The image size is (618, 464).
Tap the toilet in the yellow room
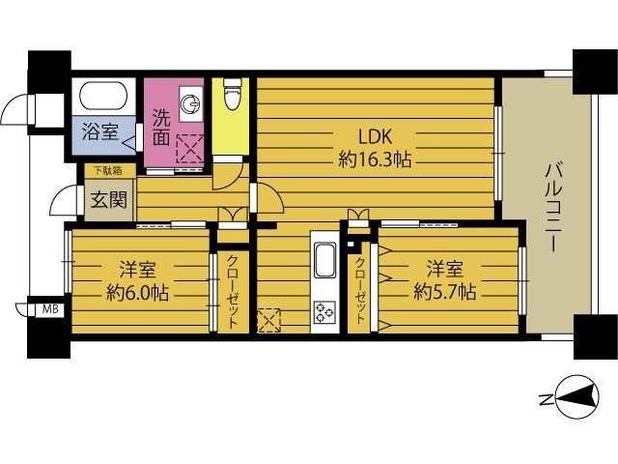(x=232, y=94)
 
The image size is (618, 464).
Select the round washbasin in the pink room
(x=191, y=103)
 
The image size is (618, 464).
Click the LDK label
(x=375, y=136)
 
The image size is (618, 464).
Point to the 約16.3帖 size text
(x=375, y=159)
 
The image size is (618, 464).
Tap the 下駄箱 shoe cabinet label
(x=107, y=171)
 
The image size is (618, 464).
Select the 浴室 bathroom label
(x=100, y=131)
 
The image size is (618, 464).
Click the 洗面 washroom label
(x=161, y=127)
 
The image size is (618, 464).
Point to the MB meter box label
(x=50, y=308)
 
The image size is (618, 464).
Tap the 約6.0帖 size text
(x=137, y=293)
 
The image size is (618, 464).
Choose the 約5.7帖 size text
(x=444, y=292)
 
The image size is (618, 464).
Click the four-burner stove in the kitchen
(x=324, y=311)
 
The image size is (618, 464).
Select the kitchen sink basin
(x=324, y=260)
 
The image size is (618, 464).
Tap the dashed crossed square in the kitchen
(x=269, y=321)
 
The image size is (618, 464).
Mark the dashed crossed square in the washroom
(x=190, y=148)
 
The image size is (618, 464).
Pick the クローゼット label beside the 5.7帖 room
(x=360, y=290)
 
